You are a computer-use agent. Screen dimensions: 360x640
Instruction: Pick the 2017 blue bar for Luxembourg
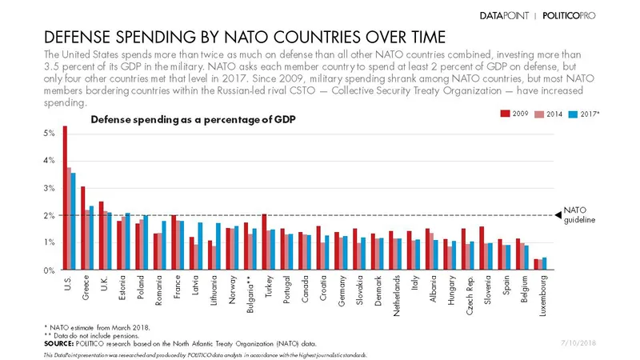pyautogui.click(x=545, y=264)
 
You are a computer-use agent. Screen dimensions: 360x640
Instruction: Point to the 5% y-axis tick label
pyautogui.click(x=49, y=133)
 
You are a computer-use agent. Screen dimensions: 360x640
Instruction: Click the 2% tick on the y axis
pyautogui.click(x=49, y=215)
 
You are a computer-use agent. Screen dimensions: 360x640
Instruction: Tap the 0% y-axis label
pyautogui.click(x=49, y=270)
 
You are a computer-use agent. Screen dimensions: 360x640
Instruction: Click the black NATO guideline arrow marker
pyautogui.click(x=559, y=214)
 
